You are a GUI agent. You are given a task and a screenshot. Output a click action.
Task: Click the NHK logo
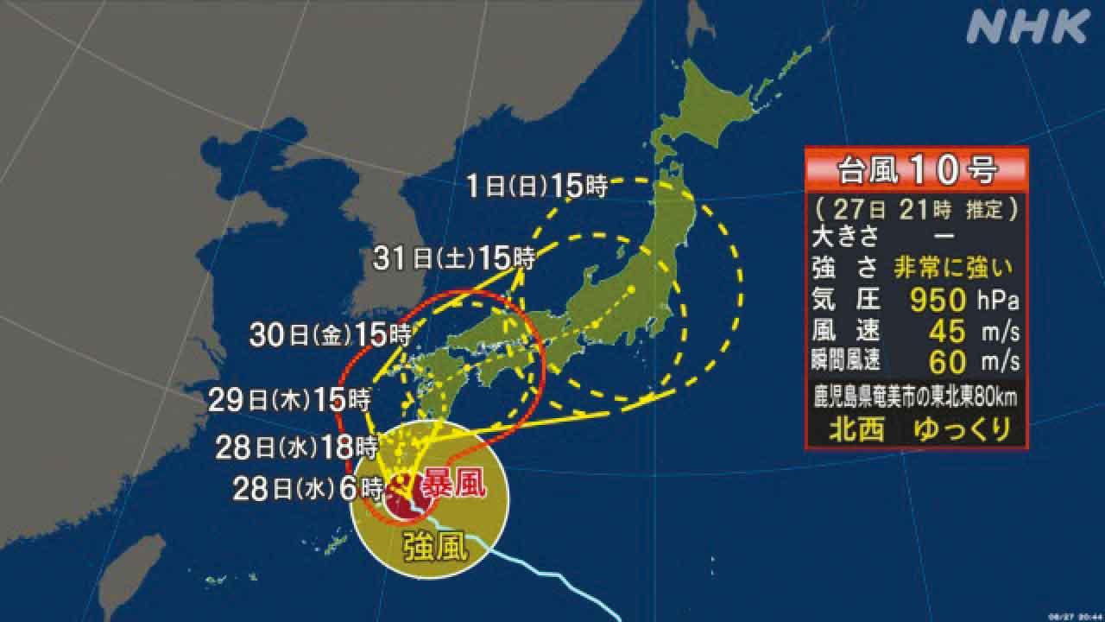click(1026, 27)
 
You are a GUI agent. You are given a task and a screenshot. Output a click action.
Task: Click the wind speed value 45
click(946, 329)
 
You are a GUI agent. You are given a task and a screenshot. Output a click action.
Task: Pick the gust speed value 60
click(946, 358)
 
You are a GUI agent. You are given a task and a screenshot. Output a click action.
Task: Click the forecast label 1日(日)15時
click(537, 186)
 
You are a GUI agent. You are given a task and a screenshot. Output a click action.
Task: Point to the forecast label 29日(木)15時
click(289, 400)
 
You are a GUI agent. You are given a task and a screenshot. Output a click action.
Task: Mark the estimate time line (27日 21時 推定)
click(916, 208)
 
